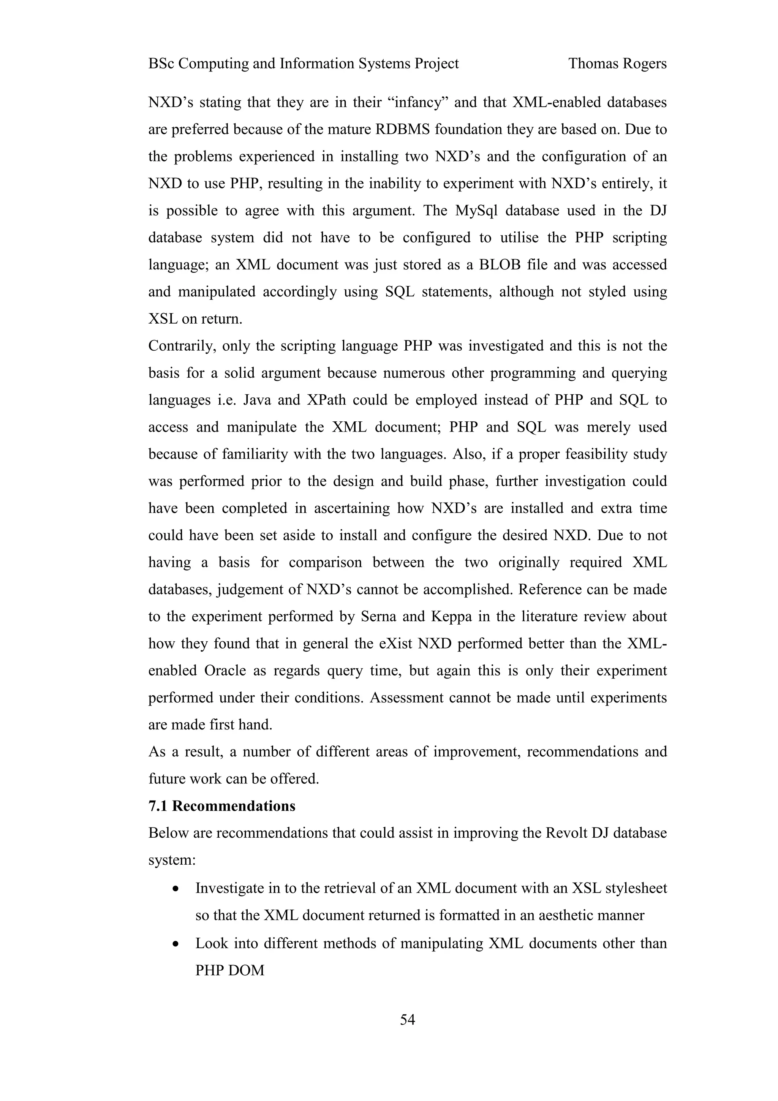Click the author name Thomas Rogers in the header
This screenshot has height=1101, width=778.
tap(617, 64)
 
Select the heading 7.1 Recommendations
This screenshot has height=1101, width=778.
tap(221, 806)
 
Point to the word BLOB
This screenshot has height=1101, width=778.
tap(500, 265)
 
